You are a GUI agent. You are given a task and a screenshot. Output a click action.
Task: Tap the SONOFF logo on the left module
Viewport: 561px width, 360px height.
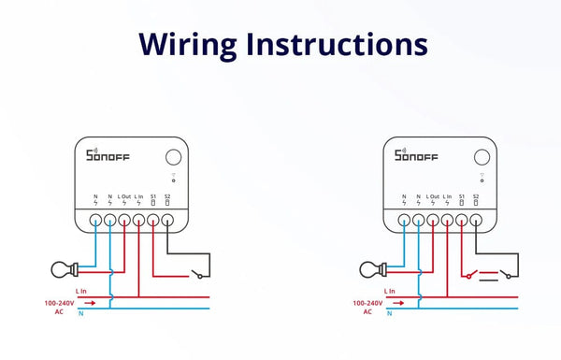(x=105, y=155)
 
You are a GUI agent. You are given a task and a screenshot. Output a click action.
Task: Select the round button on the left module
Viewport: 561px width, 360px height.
(x=173, y=157)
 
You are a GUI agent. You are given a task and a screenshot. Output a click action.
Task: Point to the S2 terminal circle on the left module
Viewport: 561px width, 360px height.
(x=167, y=222)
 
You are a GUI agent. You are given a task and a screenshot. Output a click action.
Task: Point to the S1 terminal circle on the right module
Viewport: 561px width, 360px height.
(x=461, y=222)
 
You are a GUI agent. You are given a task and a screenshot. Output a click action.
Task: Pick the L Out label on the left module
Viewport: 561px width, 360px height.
(x=124, y=195)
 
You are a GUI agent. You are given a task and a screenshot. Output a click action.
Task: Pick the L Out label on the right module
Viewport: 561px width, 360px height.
(x=433, y=195)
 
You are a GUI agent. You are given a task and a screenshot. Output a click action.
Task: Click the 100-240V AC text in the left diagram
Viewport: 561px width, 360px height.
(x=60, y=308)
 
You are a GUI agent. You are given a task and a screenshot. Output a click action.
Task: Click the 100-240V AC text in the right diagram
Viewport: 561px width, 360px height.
(x=367, y=308)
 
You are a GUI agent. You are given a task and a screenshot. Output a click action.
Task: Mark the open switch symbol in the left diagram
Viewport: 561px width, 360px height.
(x=195, y=273)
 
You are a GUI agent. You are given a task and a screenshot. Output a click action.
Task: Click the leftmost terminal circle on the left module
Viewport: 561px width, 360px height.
(x=95, y=222)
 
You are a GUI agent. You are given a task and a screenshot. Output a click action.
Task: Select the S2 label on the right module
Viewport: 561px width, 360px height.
(x=476, y=195)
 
